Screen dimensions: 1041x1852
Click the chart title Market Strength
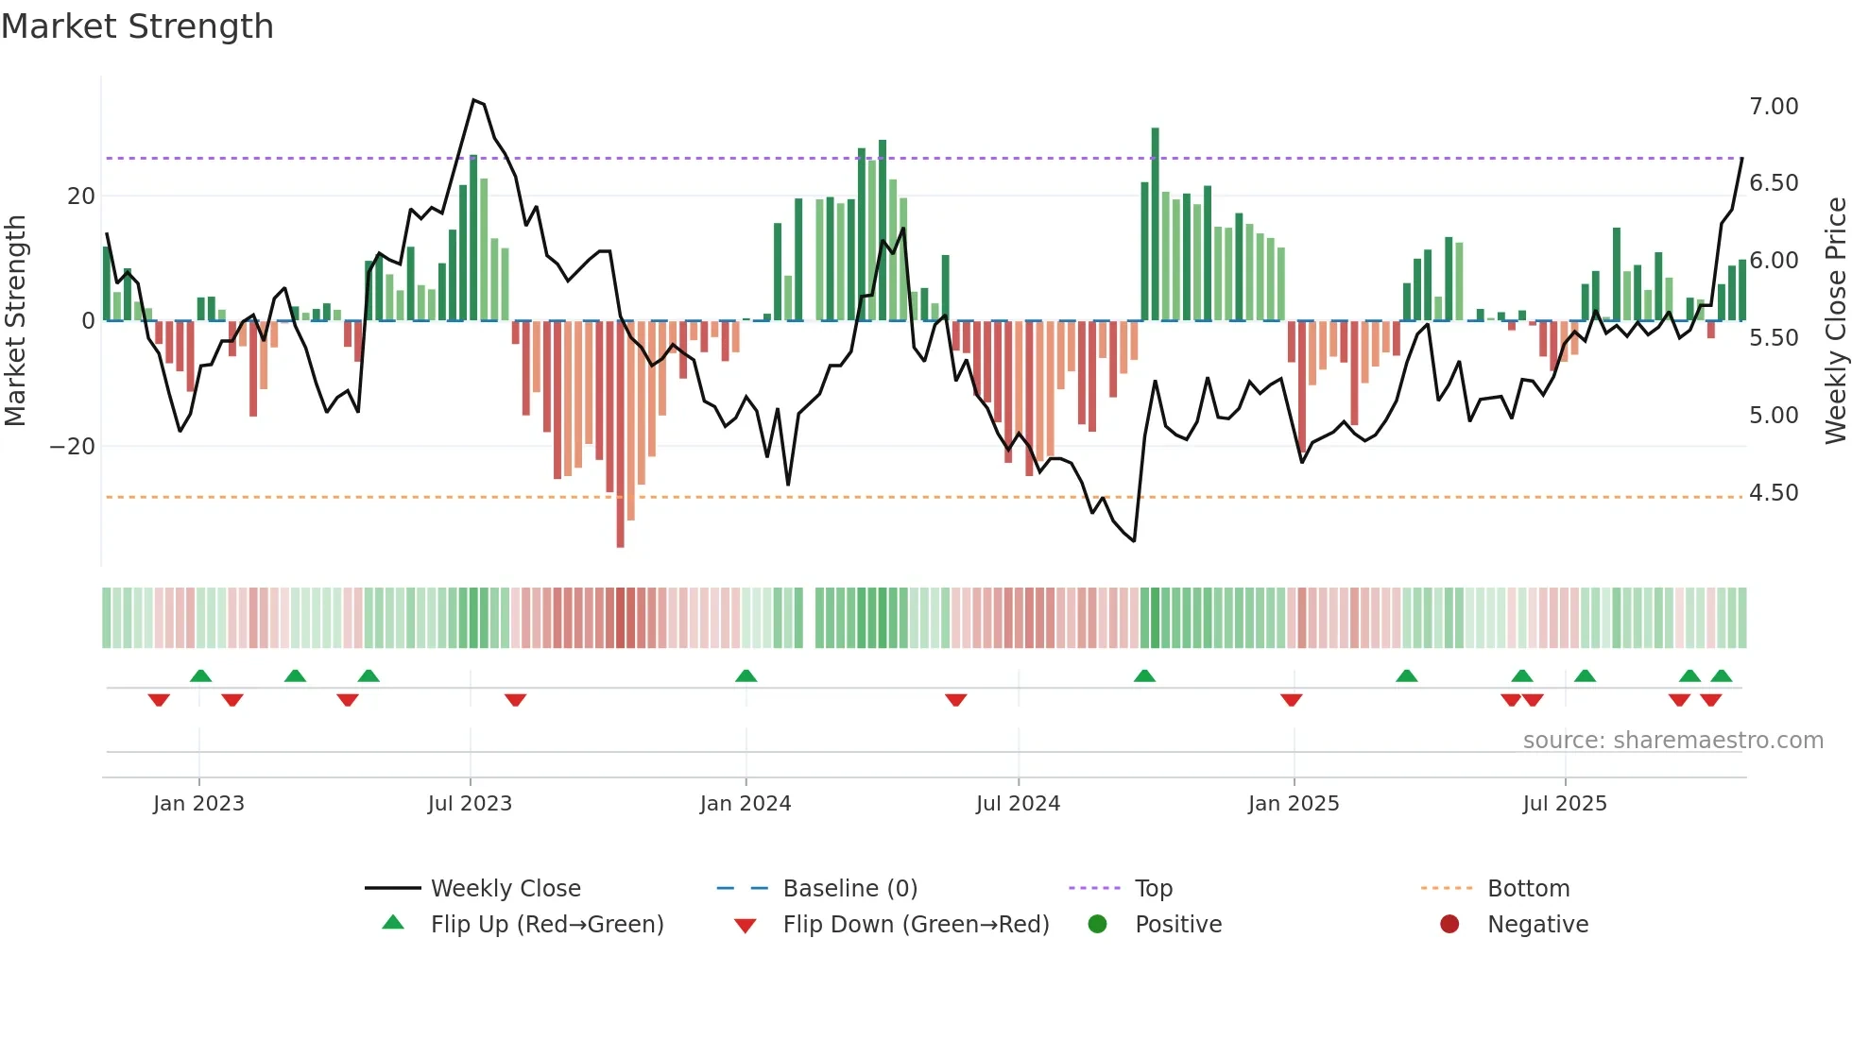coord(137,26)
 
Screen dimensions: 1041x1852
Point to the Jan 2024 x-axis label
coord(746,804)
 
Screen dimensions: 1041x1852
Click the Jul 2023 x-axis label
coord(470,804)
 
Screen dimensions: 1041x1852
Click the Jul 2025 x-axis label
coord(1565,804)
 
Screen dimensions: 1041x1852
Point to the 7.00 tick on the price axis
coord(1774,107)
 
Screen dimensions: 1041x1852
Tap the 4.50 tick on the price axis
coord(1774,493)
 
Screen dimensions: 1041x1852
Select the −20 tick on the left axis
coord(73,447)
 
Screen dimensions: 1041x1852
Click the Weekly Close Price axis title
coord(1835,321)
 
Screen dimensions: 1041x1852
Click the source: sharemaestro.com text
coord(1672,741)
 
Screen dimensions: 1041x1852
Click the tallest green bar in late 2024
coord(1155,223)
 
